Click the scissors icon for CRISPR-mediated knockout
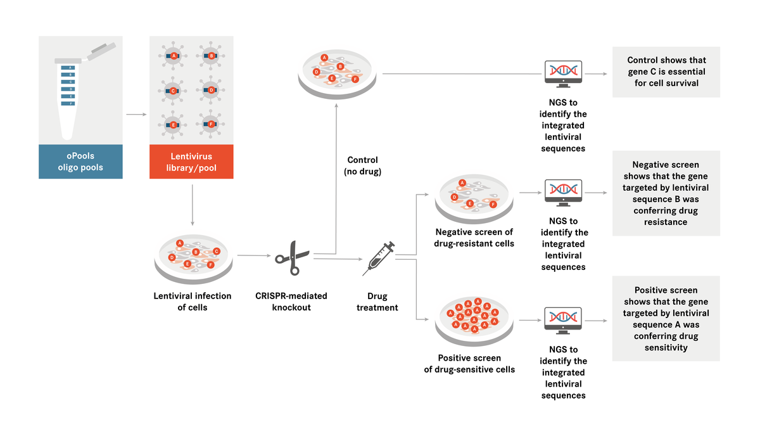click(x=292, y=257)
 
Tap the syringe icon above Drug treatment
click(x=378, y=258)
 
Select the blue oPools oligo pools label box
click(x=80, y=162)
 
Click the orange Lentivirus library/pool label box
click(x=191, y=162)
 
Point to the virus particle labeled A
click(x=173, y=56)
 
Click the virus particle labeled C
click(x=173, y=91)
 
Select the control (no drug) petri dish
click(x=336, y=73)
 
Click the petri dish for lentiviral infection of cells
click(x=193, y=258)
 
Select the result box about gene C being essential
click(x=666, y=72)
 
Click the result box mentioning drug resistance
click(x=666, y=193)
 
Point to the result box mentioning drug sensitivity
click(x=666, y=319)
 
